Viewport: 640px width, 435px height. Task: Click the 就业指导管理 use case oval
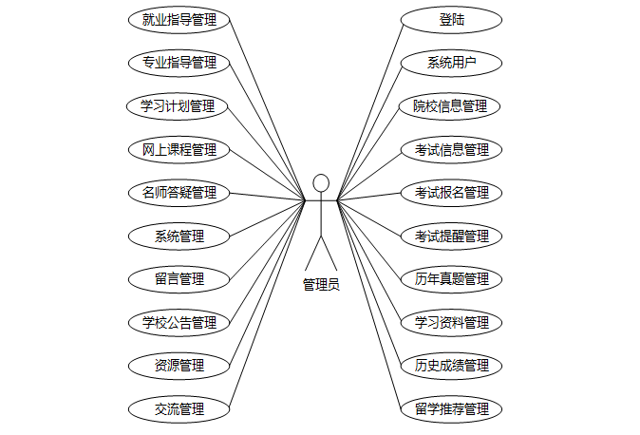(x=179, y=19)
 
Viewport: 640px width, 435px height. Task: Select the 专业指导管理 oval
(x=179, y=63)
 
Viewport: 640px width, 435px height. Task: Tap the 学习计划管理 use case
(x=179, y=105)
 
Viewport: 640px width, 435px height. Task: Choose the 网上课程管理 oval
(x=179, y=149)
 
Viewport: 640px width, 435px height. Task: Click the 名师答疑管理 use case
(x=179, y=193)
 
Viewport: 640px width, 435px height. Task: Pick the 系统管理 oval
(x=179, y=236)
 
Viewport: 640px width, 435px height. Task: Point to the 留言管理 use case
(x=179, y=279)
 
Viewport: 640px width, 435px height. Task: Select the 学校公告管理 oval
(x=179, y=323)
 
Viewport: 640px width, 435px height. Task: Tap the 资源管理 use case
(x=179, y=366)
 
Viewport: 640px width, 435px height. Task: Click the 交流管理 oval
(x=179, y=409)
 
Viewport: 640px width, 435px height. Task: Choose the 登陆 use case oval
(x=451, y=19)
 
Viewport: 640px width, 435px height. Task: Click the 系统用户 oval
(x=451, y=63)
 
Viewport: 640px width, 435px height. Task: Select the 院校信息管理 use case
(x=451, y=105)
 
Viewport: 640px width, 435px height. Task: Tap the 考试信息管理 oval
(x=451, y=149)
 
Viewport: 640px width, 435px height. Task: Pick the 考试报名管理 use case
(x=451, y=193)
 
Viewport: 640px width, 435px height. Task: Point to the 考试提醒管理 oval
(x=451, y=236)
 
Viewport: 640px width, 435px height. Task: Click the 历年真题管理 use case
(x=451, y=279)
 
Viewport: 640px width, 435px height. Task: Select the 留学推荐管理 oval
(x=451, y=409)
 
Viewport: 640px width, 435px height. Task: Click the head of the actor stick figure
(x=321, y=182)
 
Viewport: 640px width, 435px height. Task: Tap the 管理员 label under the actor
(x=321, y=284)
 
